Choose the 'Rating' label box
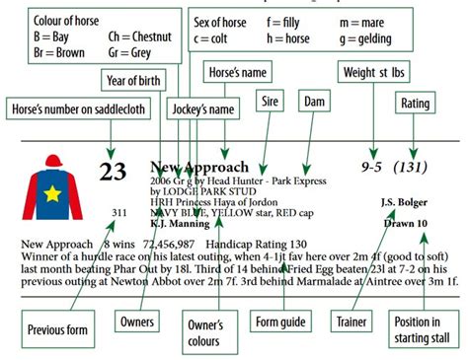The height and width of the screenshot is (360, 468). point(412,102)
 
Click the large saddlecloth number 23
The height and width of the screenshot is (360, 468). point(115,173)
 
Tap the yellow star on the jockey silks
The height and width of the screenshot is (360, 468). point(51,193)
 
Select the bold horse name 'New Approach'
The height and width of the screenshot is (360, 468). point(199,168)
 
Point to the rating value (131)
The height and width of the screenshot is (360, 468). point(415,169)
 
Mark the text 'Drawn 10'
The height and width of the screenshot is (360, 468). point(406,224)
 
